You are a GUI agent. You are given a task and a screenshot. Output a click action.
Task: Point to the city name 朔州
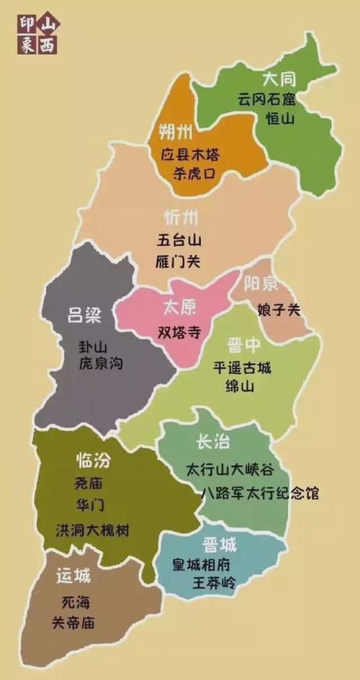coord(175,132)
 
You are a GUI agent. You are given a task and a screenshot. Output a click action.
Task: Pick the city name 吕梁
coord(84,315)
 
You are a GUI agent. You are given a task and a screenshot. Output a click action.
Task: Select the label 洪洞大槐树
coord(92,531)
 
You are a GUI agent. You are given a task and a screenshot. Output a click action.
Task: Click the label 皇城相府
coord(211,564)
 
